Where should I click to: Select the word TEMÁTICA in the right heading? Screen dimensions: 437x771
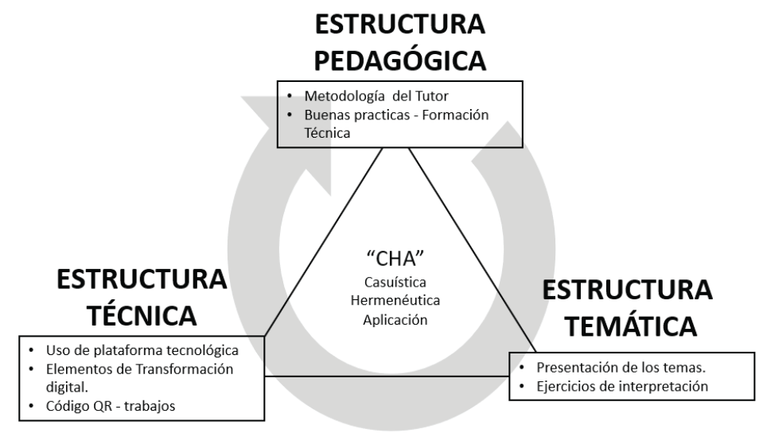[x=628, y=326]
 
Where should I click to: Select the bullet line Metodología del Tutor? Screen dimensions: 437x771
[x=356, y=99]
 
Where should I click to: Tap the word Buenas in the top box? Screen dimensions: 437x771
[x=325, y=115]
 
